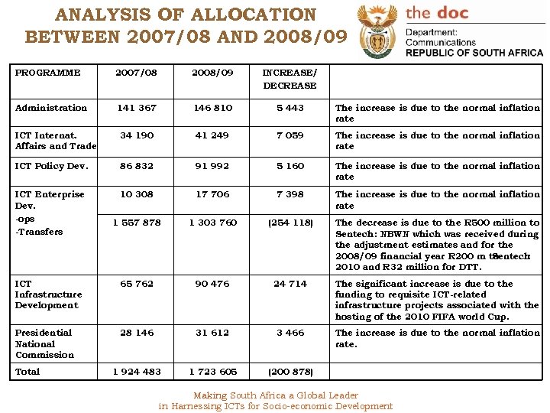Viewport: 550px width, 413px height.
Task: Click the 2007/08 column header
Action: click(136, 73)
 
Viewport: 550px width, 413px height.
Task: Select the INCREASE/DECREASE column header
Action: click(290, 79)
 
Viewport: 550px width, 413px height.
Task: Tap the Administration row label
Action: click(51, 108)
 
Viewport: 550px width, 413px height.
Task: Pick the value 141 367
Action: click(136, 108)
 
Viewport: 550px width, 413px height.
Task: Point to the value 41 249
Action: click(212, 135)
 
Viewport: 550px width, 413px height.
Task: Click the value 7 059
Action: click(290, 135)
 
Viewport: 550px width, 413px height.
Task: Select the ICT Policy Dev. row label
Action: click(51, 166)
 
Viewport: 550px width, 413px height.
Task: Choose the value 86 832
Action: click(136, 166)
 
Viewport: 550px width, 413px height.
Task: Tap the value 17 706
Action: click(212, 194)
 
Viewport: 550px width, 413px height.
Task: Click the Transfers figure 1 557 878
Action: click(136, 223)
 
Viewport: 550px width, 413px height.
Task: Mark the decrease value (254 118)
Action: click(290, 223)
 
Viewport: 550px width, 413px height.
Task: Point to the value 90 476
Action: click(212, 284)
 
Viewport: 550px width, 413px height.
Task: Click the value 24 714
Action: click(290, 284)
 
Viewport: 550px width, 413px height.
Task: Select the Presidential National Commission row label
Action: click(44, 343)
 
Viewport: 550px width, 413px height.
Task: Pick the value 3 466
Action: click(290, 333)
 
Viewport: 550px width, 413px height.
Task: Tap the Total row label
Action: click(27, 372)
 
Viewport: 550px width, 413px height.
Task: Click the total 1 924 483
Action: click(136, 372)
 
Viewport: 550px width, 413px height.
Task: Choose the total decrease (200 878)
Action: click(290, 372)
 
